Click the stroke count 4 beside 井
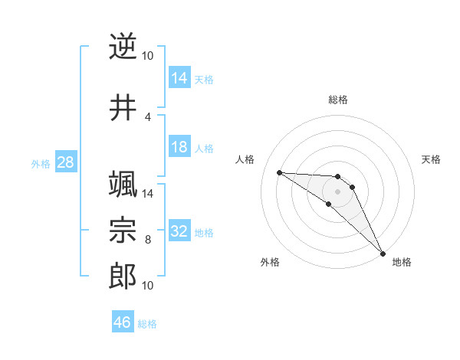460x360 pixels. coord(147,117)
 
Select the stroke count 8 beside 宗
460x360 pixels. coord(147,240)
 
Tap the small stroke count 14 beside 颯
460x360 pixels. coord(148,194)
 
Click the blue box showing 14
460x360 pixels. coord(179,78)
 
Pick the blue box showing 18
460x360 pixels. coord(179,147)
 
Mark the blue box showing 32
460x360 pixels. coord(179,231)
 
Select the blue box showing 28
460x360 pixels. coord(65,162)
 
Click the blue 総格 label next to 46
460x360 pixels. coord(147,324)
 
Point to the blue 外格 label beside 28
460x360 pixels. coord(41,163)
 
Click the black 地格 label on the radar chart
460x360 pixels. coord(402,262)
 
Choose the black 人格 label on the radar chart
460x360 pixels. coord(245,159)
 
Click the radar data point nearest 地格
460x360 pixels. coord(382,253)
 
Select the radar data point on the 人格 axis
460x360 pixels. coord(279,172)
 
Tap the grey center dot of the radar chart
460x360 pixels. coord(337,191)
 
